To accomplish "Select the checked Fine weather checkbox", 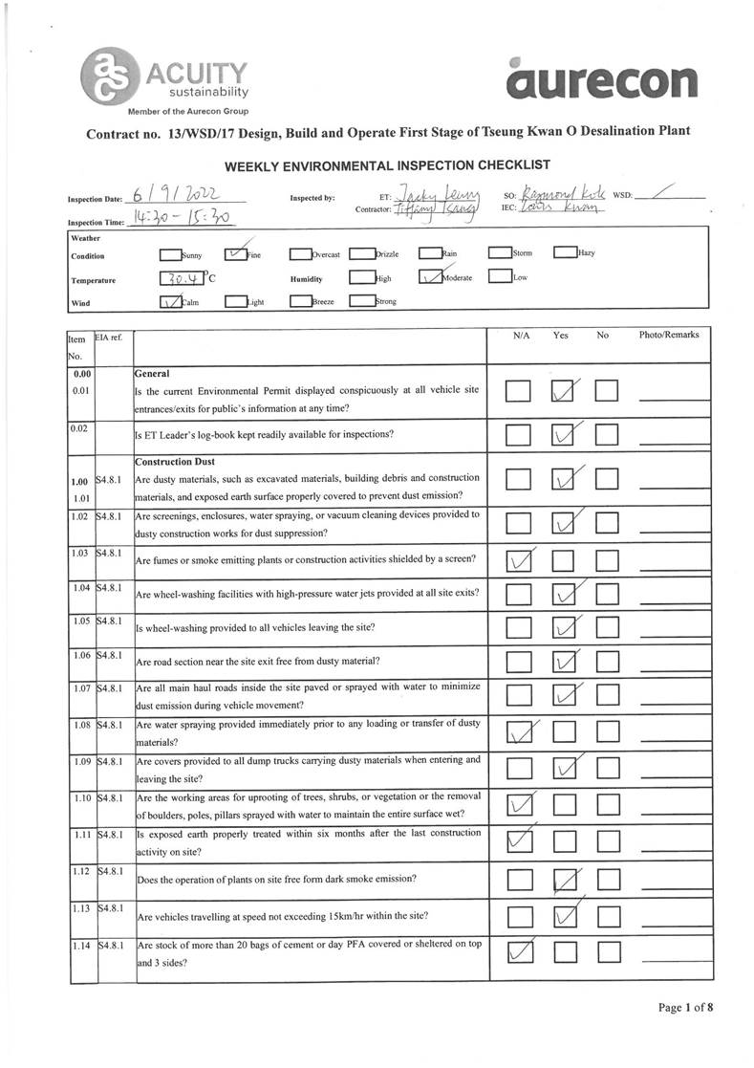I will pyautogui.click(x=236, y=254).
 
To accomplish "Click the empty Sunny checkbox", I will pyautogui.click(x=171, y=254).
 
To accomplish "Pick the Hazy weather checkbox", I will pyautogui.click(x=565, y=253).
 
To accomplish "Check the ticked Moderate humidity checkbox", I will pyautogui.click(x=430, y=279).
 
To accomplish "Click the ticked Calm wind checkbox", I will pyautogui.click(x=170, y=302).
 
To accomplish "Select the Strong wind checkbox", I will pyautogui.click(x=361, y=302).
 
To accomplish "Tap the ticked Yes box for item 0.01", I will pyautogui.click(x=565, y=391).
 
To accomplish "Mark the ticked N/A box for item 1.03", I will pyautogui.click(x=519, y=559).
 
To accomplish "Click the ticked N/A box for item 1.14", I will pyautogui.click(x=519, y=951).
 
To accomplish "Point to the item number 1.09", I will pyautogui.click(x=80, y=761).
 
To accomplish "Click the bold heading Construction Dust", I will pyautogui.click(x=172, y=460).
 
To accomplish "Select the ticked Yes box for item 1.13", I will pyautogui.click(x=565, y=918).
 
